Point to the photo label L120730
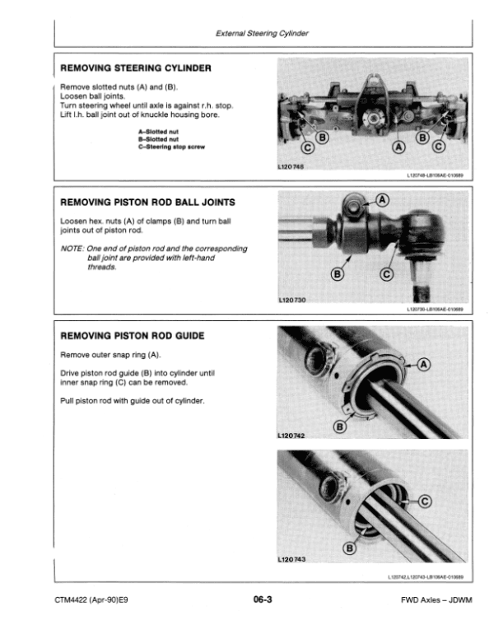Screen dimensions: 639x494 [x=294, y=300]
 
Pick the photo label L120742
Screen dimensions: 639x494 [x=294, y=434]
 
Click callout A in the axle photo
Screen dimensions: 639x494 [x=400, y=147]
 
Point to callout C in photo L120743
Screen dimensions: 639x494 [x=425, y=500]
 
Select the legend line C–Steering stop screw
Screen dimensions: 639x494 [x=170, y=147]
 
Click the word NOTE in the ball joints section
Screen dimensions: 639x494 [x=73, y=248]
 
